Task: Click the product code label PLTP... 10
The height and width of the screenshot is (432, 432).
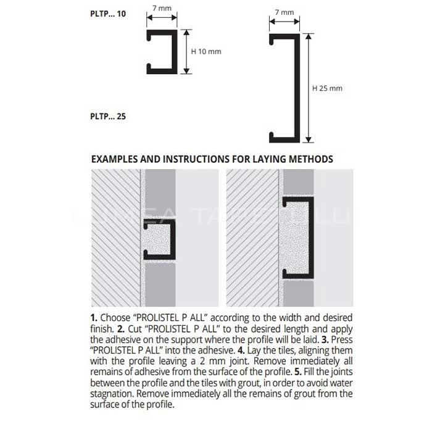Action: (108, 13)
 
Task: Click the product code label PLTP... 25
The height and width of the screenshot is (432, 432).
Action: (108, 115)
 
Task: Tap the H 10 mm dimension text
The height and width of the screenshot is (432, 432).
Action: (206, 51)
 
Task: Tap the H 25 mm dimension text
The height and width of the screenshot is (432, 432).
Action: (327, 88)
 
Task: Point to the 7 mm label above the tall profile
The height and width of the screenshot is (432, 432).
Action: (285, 12)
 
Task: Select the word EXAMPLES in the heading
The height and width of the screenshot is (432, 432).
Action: (115, 159)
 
